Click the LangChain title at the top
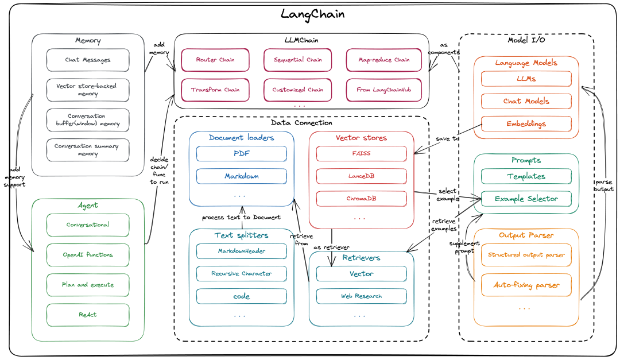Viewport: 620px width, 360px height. click(312, 14)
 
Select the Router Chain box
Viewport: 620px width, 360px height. click(215, 60)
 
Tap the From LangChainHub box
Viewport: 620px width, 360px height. click(383, 90)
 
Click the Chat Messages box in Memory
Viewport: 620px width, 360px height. click(88, 60)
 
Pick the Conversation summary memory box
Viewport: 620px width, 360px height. click(88, 150)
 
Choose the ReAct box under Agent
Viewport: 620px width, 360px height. click(88, 315)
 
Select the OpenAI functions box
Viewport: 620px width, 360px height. click(88, 255)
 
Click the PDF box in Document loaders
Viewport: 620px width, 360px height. click(242, 153)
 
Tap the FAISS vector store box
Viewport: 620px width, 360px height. click(362, 153)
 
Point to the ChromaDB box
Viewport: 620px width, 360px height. click(362, 199)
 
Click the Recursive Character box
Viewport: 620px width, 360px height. click(242, 274)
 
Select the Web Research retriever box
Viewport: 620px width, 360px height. click(362, 296)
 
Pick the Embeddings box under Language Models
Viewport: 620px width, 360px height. click(526, 124)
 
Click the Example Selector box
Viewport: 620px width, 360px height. click(526, 199)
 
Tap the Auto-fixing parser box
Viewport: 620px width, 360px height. click(526, 285)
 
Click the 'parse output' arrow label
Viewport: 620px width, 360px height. click(604, 185)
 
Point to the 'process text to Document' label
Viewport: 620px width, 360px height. click(241, 218)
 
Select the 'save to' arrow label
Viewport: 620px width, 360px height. click(448, 139)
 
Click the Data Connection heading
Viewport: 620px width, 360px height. click(301, 123)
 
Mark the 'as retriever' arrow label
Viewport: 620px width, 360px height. click(331, 247)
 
